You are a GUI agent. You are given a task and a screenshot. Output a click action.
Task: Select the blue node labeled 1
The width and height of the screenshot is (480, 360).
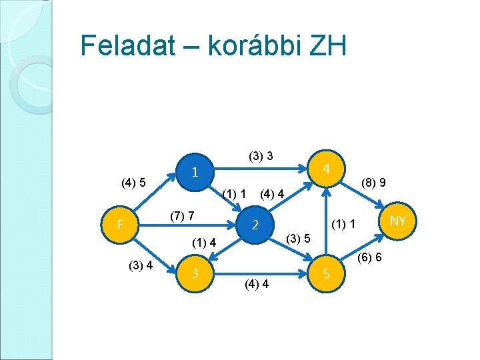pos(194,173)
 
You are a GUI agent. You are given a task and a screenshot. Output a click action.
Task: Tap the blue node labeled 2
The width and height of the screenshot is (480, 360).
pos(254,225)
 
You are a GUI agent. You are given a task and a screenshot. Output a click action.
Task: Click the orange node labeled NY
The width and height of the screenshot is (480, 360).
pos(397,221)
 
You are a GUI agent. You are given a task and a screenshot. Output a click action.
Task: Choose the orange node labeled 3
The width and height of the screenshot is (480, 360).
pos(194,273)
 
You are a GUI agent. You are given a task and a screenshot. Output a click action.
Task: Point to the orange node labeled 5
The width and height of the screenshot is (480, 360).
pos(326,273)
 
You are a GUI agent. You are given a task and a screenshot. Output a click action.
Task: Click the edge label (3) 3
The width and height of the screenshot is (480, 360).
pos(261,157)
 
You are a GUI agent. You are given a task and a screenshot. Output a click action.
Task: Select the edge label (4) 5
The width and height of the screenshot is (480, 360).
pos(133,181)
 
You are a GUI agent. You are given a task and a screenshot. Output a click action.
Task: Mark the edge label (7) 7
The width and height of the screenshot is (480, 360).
pos(182,216)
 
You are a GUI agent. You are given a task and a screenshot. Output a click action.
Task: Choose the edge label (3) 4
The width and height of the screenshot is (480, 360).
pos(141,266)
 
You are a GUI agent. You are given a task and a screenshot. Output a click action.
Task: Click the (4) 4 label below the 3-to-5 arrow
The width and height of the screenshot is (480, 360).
pos(257,284)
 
